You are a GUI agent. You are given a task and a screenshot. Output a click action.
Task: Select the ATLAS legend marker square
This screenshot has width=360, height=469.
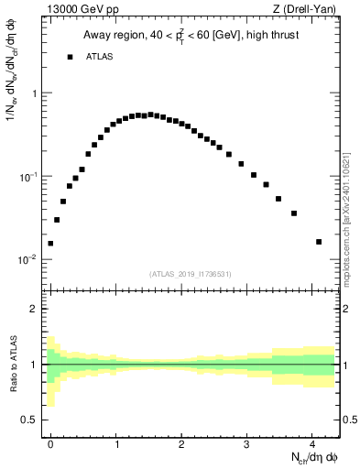pyautogui.click(x=70, y=57)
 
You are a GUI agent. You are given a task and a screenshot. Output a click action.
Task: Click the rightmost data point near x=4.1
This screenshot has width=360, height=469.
pyautogui.click(x=319, y=242)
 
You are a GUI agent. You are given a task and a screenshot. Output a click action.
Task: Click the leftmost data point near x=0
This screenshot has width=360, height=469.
pyautogui.click(x=50, y=244)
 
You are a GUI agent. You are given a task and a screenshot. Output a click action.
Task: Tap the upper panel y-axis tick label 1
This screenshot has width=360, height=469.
pyautogui.click(x=34, y=93)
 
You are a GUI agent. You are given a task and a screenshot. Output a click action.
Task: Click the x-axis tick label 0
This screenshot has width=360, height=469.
pyautogui.click(x=50, y=445)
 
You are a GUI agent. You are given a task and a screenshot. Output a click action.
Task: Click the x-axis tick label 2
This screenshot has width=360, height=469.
pyautogui.click(x=181, y=445)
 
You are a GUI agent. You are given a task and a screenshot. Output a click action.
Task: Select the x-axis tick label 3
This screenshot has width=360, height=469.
pyautogui.click(x=247, y=445)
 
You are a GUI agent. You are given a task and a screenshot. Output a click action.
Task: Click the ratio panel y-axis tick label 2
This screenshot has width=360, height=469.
pyautogui.click(x=34, y=309)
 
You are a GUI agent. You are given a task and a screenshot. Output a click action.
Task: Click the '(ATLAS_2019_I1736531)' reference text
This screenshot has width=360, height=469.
pyautogui.click(x=191, y=274)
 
